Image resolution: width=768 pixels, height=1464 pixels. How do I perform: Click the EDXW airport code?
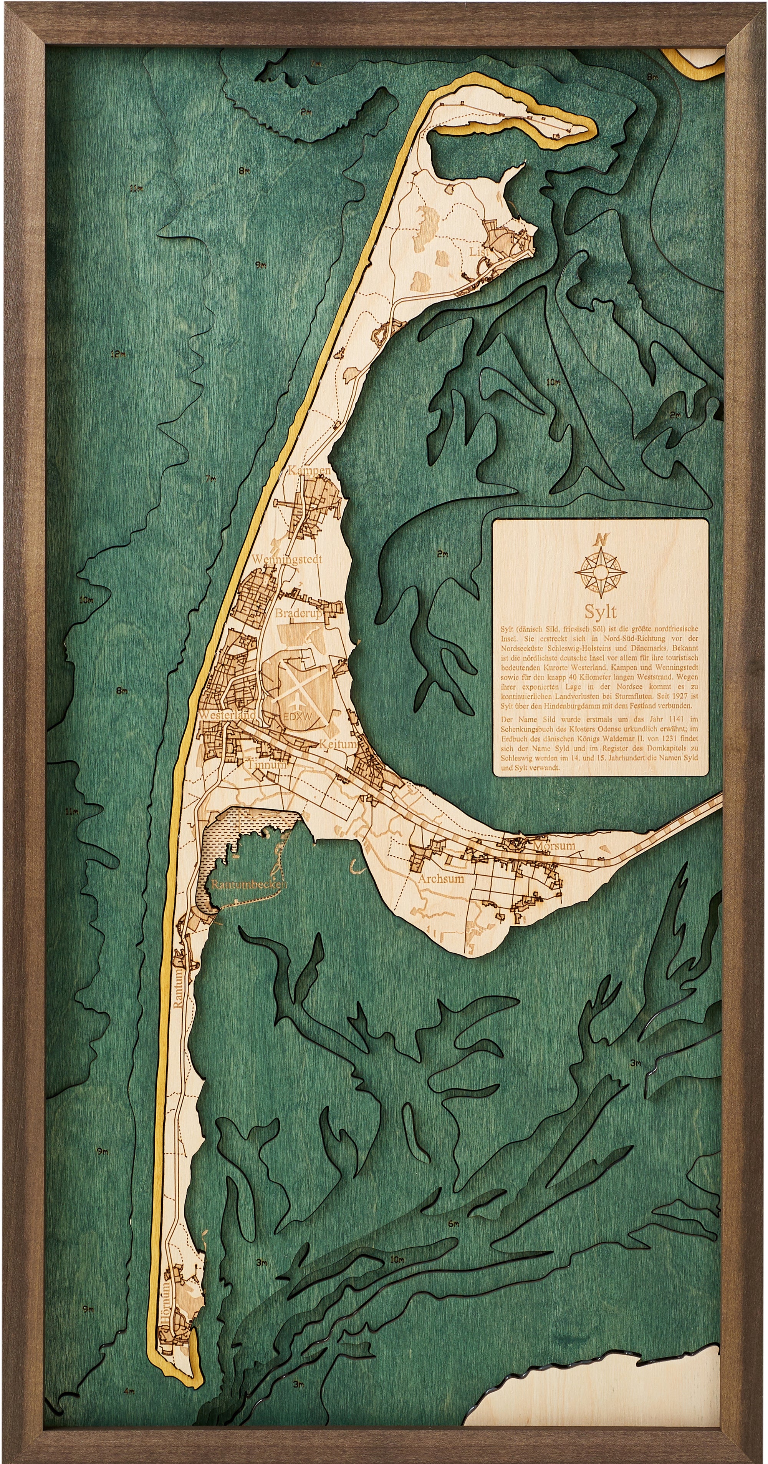(298, 717)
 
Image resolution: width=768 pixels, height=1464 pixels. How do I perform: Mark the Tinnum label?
(267, 765)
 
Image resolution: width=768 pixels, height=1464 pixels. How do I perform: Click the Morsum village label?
(554, 846)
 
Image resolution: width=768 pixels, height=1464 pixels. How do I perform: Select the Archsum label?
(440, 878)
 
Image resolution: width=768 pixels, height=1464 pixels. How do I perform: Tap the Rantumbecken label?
(248, 885)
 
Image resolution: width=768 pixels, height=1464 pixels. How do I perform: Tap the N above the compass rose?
(601, 539)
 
